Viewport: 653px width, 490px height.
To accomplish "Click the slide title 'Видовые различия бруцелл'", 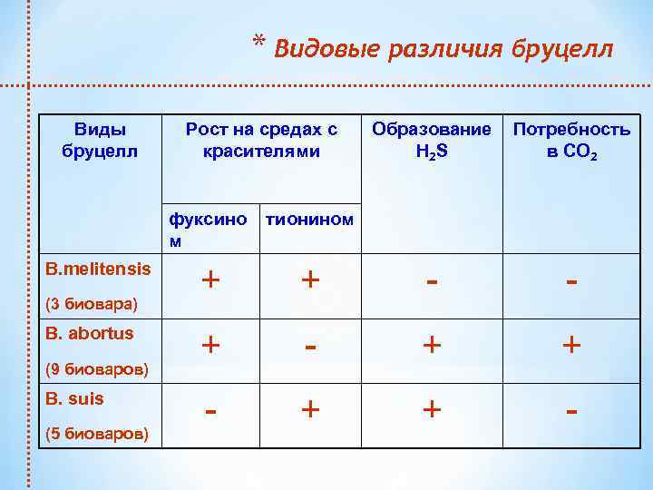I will (443, 47).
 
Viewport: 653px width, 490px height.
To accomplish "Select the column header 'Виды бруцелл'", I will (100, 141).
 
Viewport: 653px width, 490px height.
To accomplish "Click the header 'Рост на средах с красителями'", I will (261, 141).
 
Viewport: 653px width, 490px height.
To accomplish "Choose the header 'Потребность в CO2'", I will (571, 141).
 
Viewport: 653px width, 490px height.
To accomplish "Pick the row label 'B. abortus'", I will (89, 333).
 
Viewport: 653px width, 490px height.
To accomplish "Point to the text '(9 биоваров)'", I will (95, 367).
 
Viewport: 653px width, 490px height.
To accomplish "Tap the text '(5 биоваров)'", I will (95, 433).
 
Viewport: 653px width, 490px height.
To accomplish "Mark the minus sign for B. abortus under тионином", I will (310, 345).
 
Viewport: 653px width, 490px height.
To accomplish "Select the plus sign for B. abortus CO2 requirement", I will (571, 345).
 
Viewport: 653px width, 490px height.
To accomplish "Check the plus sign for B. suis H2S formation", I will (432, 409).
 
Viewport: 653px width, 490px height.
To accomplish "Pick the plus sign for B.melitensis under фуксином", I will (210, 279).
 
